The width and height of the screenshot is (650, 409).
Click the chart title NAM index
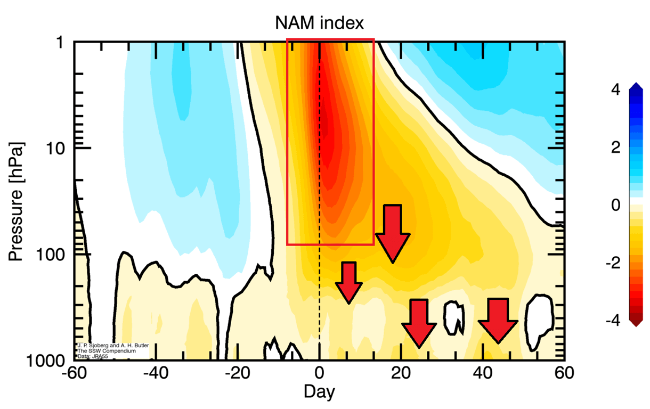click(x=319, y=22)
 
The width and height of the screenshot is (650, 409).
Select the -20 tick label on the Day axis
click(x=237, y=373)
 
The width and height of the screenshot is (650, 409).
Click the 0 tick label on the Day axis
click(x=319, y=373)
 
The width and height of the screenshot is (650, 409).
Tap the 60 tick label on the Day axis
click(x=564, y=373)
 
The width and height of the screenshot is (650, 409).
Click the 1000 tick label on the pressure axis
click(x=48, y=361)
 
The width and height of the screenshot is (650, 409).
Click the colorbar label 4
click(x=616, y=90)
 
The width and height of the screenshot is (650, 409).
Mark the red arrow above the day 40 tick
click(x=498, y=320)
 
